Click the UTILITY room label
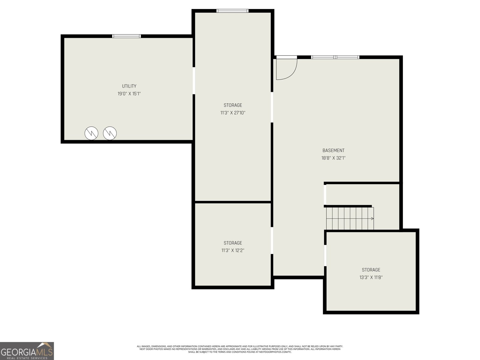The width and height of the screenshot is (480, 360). click(129, 86)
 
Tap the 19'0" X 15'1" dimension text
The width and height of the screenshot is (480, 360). click(129, 94)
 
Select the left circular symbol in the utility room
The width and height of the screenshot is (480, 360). click(91, 133)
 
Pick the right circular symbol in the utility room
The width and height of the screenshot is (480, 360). click(110, 133)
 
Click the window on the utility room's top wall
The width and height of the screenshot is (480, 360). click(127, 36)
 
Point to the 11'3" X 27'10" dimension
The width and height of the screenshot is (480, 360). click(233, 113)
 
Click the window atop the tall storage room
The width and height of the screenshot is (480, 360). click(232, 11)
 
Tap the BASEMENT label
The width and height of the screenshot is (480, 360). click(333, 150)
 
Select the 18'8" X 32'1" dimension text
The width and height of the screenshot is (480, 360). click(333, 158)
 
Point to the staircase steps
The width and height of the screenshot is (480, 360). click(350, 218)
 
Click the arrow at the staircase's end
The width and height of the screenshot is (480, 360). click(372, 218)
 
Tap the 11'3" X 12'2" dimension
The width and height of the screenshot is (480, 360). click(233, 250)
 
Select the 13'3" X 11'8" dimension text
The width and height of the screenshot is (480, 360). click(371, 277)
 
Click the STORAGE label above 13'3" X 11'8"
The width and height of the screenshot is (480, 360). click(371, 270)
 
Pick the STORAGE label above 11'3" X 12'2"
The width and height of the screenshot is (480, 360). click(233, 243)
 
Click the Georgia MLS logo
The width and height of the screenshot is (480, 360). click(27, 351)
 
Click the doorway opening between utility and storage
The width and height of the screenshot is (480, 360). click(194, 81)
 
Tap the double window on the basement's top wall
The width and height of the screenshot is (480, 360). click(335, 57)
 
